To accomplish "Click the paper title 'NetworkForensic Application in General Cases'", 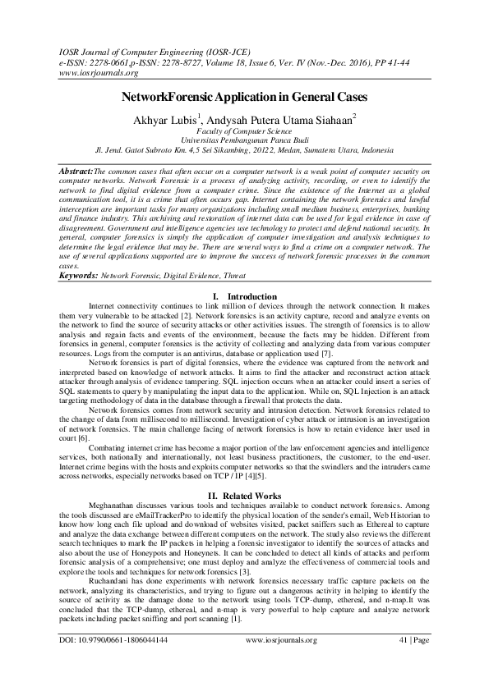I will [x=245, y=96].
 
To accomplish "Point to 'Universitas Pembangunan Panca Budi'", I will [x=245, y=140].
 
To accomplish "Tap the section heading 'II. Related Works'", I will [x=245, y=496].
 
